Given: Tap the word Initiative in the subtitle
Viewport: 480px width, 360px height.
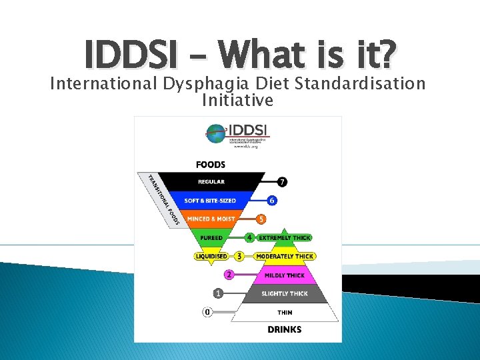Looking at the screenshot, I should click(237, 101).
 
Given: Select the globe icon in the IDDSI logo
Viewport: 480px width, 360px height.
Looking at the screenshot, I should click(216, 133).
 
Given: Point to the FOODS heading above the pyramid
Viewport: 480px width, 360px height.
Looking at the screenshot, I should click(211, 165).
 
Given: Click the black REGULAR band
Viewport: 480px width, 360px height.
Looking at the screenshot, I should click(211, 181).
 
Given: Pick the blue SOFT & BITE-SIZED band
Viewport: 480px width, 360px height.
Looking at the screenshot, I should click(211, 200).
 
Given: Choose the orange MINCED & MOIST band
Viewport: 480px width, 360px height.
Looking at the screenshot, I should click(211, 219).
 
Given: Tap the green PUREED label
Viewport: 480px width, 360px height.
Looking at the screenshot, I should click(211, 237).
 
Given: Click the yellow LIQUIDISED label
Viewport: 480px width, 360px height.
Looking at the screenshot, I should click(211, 256).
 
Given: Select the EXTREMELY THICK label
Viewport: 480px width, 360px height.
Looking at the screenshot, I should click(285, 237).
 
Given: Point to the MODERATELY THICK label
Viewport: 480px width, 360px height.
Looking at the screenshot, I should click(285, 256).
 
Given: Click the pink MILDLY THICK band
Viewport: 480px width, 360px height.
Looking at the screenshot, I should click(285, 275).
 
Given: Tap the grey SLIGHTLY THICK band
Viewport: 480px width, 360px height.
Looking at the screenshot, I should click(285, 293).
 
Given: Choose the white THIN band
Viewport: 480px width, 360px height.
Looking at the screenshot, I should click(285, 312).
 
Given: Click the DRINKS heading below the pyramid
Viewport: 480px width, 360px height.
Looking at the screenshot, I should click(285, 329).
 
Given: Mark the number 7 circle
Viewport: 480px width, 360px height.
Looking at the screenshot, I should click(282, 181).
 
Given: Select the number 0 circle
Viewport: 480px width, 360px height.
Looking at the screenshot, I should click(207, 312).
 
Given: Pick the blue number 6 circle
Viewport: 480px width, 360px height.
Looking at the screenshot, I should click(271, 200).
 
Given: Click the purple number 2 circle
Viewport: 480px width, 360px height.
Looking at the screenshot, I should click(229, 275).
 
